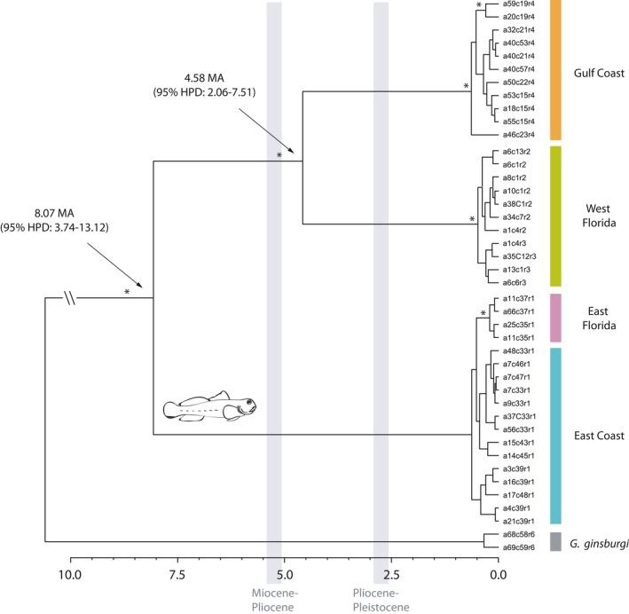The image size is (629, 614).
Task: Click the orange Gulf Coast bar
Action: (x=557, y=70)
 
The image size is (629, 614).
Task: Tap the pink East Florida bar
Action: (x=557, y=318)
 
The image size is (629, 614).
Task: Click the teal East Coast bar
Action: (x=557, y=435)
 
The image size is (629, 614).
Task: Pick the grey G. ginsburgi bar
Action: (x=557, y=540)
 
